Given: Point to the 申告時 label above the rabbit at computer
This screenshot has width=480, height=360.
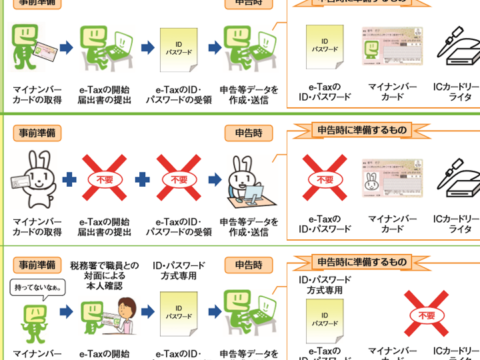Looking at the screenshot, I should pyautogui.click(x=244, y=133).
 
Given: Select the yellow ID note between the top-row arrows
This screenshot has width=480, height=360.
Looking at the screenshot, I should pyautogui.click(x=179, y=49).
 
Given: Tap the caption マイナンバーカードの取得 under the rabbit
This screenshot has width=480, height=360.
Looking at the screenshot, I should pyautogui.click(x=37, y=227).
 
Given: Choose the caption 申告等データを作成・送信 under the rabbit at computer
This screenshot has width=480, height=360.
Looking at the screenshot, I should pyautogui.click(x=249, y=227).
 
